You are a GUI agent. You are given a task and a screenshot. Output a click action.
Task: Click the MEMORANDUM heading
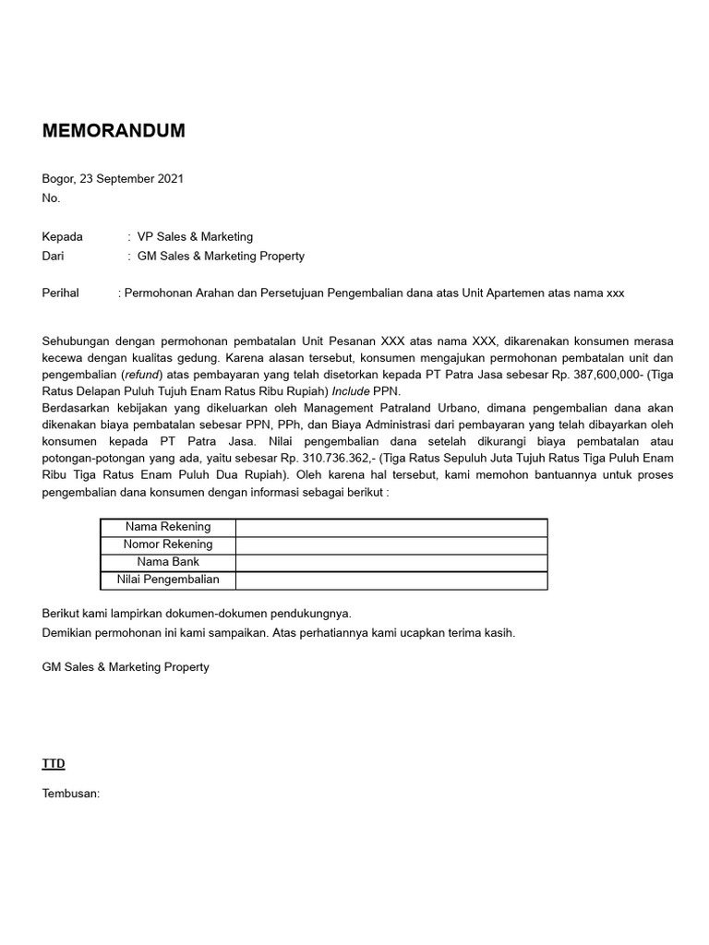pyautogui.click(x=114, y=131)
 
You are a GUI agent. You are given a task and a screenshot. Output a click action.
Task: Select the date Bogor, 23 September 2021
pyautogui.click(x=113, y=179)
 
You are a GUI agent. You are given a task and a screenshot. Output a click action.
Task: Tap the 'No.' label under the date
pyautogui.click(x=51, y=197)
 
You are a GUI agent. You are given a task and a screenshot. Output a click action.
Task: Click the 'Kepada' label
pyautogui.click(x=63, y=236)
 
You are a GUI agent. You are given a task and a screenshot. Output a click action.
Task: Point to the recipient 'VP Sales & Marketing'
pyautogui.click(x=195, y=236)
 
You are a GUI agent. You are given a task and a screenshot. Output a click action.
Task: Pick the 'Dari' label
pyautogui.click(x=54, y=256)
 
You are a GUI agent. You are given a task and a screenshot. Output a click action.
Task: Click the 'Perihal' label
pyautogui.click(x=61, y=293)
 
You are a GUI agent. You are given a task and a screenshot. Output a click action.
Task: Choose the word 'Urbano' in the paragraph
pyautogui.click(x=456, y=409)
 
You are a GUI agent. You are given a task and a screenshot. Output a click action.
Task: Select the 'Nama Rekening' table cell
pyautogui.click(x=168, y=527)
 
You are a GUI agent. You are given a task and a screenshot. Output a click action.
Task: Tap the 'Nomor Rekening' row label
pyautogui.click(x=168, y=544)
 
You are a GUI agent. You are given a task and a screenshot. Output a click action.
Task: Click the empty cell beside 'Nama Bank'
pyautogui.click(x=391, y=562)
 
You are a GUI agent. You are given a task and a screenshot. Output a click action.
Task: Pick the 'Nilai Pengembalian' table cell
pyautogui.click(x=168, y=580)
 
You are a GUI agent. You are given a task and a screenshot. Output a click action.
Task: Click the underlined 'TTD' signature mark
pyautogui.click(x=54, y=764)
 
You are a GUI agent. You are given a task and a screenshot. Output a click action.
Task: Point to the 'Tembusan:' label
pyautogui.click(x=71, y=794)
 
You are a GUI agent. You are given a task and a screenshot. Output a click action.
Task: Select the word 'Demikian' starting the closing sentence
pyautogui.click(x=67, y=633)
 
